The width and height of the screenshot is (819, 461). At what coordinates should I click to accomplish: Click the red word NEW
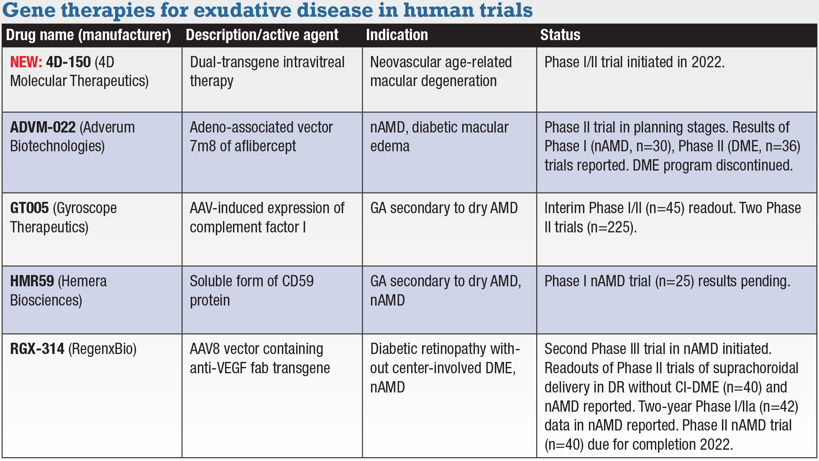tap(26, 62)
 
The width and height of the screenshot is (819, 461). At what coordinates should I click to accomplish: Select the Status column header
tap(560, 35)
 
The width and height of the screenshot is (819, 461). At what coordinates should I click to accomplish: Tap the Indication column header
tap(397, 35)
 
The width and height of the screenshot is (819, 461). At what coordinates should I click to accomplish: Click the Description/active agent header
tap(262, 35)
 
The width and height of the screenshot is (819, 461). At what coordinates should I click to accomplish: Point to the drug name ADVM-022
tap(43, 127)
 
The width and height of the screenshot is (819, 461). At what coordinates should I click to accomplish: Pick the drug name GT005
tap(29, 208)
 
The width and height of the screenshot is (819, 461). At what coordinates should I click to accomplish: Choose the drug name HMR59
tap(32, 281)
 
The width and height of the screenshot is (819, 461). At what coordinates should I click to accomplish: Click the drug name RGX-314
tap(37, 349)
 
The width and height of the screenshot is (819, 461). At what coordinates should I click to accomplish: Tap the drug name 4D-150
tap(68, 62)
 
